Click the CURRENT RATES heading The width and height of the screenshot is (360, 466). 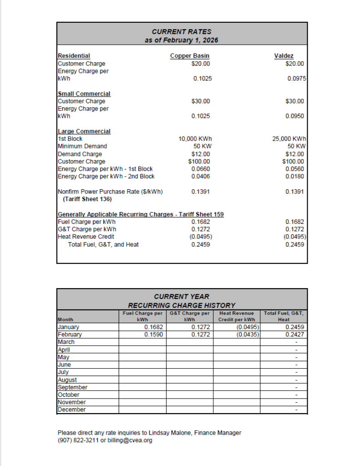coord(182,32)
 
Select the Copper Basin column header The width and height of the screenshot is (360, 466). coord(190,56)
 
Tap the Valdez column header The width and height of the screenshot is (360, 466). coord(284,56)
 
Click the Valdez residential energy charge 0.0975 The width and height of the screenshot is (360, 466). coord(296,78)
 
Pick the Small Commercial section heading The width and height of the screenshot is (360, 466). coord(84,94)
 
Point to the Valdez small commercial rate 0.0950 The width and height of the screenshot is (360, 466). coord(295,116)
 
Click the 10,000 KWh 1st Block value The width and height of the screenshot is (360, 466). coord(195,139)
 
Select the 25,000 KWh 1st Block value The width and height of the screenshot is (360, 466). coord(289,139)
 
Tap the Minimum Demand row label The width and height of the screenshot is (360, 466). coord(82,146)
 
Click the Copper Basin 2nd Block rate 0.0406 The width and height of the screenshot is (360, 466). coord(201,176)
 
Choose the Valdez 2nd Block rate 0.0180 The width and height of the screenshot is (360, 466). coord(295,176)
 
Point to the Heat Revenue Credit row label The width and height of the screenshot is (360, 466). coord(86,237)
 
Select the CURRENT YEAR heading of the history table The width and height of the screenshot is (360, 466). coord(182,297)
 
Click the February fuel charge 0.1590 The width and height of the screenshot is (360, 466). coord(154,334)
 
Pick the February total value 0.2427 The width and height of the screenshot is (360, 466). coord(295,334)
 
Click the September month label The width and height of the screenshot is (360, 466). coord(73,387)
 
